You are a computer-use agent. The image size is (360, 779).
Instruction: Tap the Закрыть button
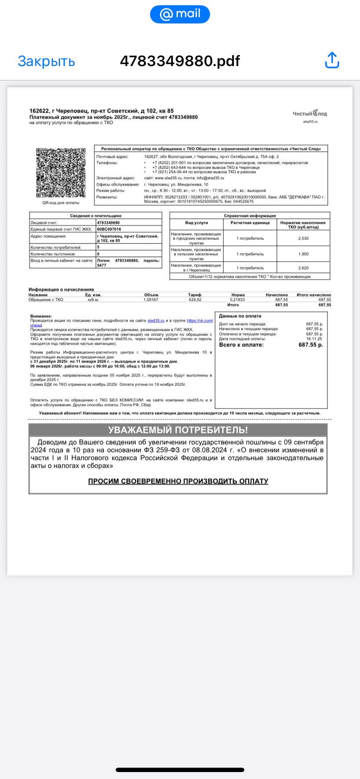coord(46,61)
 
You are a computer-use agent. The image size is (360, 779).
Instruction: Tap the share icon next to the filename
coord(332,60)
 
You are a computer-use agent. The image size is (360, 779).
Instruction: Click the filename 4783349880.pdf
coord(180,61)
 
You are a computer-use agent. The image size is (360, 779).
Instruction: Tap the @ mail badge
coord(180,14)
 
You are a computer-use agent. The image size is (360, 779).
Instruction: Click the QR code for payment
coord(60,173)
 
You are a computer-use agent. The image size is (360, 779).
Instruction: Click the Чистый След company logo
coord(310,114)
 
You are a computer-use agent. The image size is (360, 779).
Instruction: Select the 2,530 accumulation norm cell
coord(303,238)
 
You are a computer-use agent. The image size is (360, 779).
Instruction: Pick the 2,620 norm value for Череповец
coord(303,268)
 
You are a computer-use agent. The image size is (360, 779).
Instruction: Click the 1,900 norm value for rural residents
coord(303,254)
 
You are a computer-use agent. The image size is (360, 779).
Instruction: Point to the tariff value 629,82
coord(195,300)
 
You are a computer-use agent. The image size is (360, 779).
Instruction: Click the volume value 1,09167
coord(151,300)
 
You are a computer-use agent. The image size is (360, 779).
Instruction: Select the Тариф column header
coord(195,295)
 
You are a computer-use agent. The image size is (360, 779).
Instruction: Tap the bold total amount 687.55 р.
coord(310,345)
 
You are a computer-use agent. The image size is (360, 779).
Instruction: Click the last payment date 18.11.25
coord(314,339)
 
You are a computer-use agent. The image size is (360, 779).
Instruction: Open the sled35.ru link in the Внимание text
coord(156,321)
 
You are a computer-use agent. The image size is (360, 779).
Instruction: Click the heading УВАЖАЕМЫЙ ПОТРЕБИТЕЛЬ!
coord(178,430)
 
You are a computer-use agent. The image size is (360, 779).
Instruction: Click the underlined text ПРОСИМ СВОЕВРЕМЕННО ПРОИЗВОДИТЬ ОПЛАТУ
coord(178,481)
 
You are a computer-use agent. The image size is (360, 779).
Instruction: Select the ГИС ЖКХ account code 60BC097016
coord(109,229)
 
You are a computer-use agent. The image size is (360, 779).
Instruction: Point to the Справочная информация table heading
coord(250,216)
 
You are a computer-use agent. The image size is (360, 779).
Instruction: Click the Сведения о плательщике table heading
coord(96,216)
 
